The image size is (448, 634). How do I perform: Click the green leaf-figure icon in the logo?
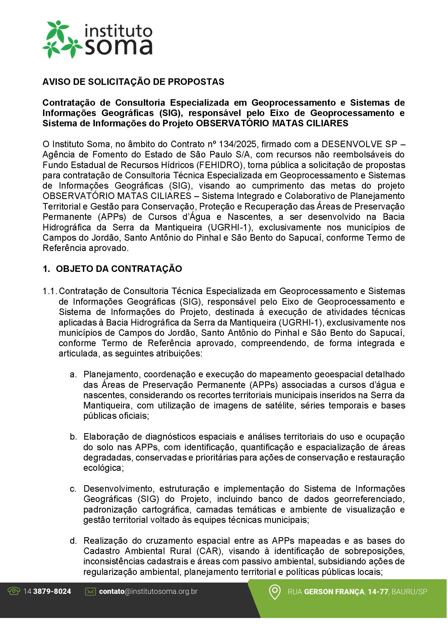coord(61,39)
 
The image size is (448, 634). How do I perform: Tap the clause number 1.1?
coord(50,291)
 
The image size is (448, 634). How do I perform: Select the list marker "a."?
coord(73,374)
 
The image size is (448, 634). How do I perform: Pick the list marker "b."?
coord(73,437)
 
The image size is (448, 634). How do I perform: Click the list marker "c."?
coord(73,489)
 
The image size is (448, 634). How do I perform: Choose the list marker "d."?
coord(73,541)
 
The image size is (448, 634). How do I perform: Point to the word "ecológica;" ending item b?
coord(103,468)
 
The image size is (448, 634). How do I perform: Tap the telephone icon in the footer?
coord(14,591)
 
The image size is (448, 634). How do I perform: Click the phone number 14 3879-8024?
coord(47,591)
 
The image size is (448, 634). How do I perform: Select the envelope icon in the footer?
coord(90,591)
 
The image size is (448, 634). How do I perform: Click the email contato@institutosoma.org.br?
coord(148,591)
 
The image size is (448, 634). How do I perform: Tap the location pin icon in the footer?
coord(275,592)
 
